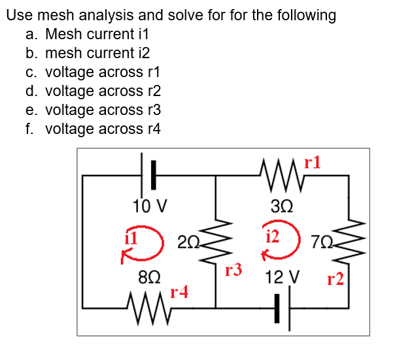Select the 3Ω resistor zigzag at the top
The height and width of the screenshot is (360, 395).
[x=278, y=175]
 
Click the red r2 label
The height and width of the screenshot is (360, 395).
[x=335, y=281]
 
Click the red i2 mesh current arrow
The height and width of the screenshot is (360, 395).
[x=277, y=243]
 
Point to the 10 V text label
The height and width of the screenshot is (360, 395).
[x=148, y=206]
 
